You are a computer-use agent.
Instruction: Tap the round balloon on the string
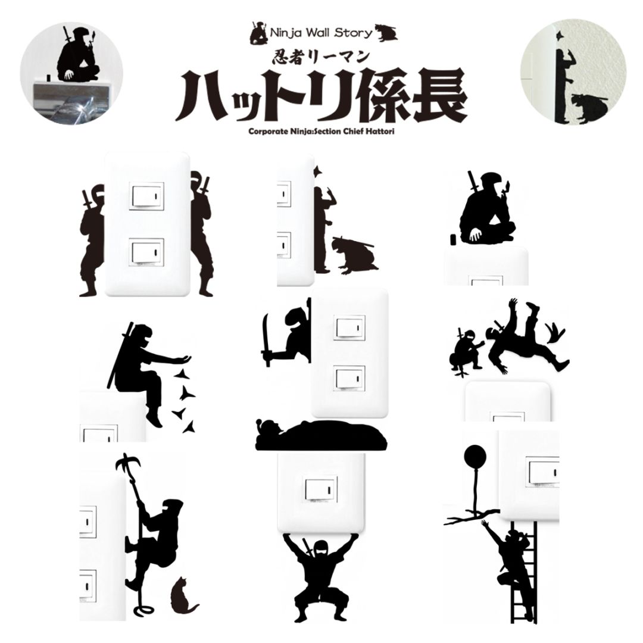tap(475, 458)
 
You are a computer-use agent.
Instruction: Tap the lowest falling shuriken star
tap(190, 426)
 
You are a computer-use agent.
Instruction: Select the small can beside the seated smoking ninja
tap(453, 239)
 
